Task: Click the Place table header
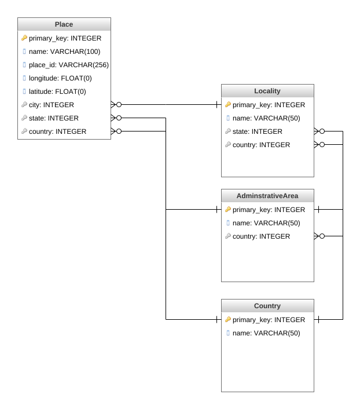pyautogui.click(x=64, y=24)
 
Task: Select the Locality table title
pyautogui.click(x=267, y=91)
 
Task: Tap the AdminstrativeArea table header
pyautogui.click(x=267, y=196)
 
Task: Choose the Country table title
pyautogui.click(x=267, y=306)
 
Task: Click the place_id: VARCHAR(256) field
pyautogui.click(x=69, y=65)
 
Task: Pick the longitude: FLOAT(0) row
pyautogui.click(x=60, y=78)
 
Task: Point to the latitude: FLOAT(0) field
pyautogui.click(x=57, y=92)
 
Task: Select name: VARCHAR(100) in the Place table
pyautogui.click(x=65, y=52)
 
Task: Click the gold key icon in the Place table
pyautogui.click(x=24, y=38)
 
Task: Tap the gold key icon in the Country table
pyautogui.click(x=228, y=319)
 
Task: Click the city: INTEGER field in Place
pyautogui.click(x=52, y=105)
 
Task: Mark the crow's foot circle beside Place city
pyautogui.click(x=119, y=105)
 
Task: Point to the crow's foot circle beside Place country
pyautogui.click(x=119, y=131)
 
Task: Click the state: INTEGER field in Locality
pyautogui.click(x=258, y=131)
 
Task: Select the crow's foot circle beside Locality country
pyautogui.click(x=322, y=144)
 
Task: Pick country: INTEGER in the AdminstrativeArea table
pyautogui.click(x=261, y=236)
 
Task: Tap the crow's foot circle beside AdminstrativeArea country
pyautogui.click(x=322, y=236)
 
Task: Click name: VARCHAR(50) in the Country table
pyautogui.click(x=266, y=333)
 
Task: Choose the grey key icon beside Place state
pyautogui.click(x=24, y=118)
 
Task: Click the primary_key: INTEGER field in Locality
pyautogui.click(x=269, y=105)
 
